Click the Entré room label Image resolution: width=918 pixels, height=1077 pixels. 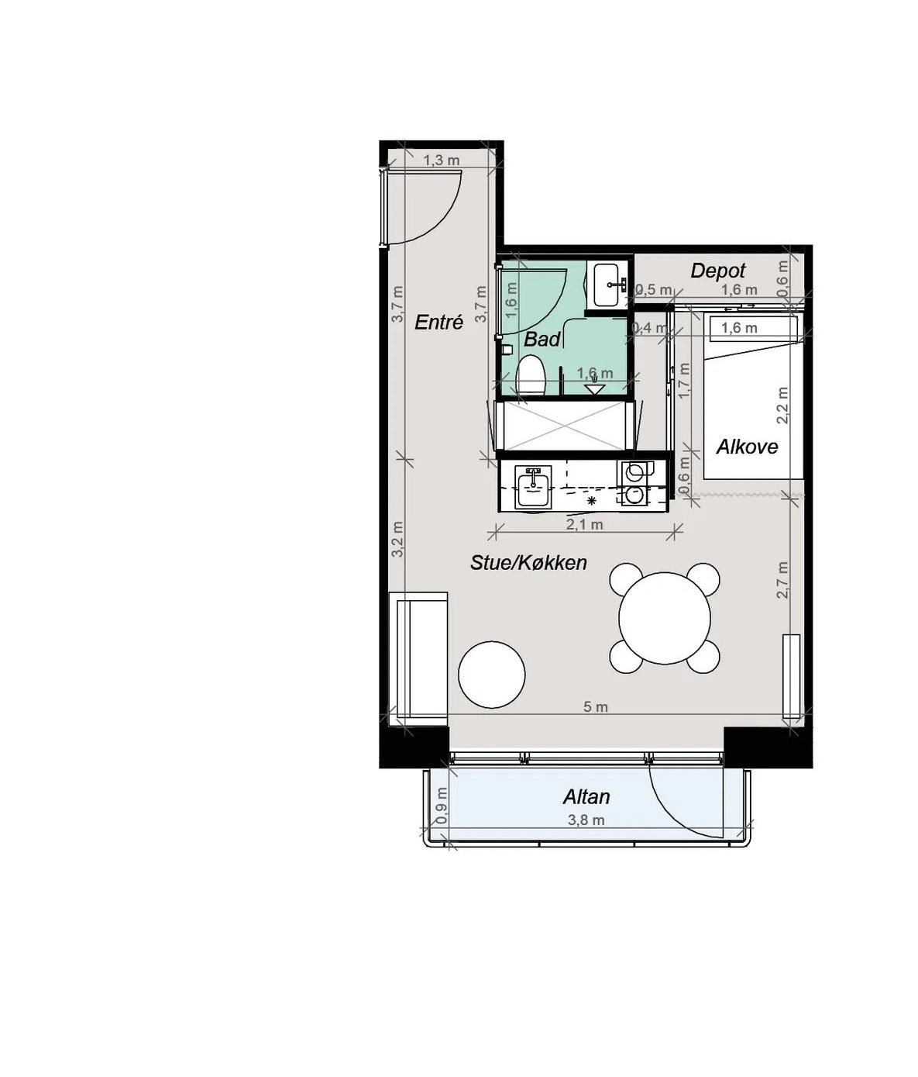pos(438,323)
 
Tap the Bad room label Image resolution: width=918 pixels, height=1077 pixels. pos(542,339)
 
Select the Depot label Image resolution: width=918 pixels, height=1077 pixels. pos(717,271)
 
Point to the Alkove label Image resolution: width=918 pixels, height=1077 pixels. pos(747,447)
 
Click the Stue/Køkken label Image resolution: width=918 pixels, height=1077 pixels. pos(528,563)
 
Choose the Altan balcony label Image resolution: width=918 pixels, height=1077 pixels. pos(586,796)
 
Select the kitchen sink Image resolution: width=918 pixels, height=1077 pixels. pos(533,487)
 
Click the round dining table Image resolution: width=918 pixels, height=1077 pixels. pos(665,618)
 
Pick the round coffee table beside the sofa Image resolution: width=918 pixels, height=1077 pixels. pos(492,675)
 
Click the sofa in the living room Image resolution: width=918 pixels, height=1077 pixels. pos(418,658)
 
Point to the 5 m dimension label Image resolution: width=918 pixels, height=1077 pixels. pos(596,707)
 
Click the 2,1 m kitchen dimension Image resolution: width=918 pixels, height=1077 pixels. pos(584,525)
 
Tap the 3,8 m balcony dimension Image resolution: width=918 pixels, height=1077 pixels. pos(586,820)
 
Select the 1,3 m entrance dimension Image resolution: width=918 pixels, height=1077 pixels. pos(442,160)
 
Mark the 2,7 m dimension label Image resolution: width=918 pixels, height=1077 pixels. pos(782,579)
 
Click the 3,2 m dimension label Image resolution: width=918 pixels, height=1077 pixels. pos(397,540)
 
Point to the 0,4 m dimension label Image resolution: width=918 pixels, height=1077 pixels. pos(648,328)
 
